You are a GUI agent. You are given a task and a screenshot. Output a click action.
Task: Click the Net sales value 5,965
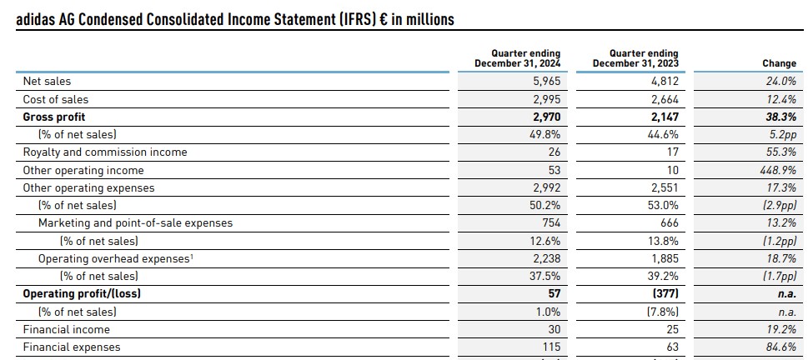click(x=546, y=82)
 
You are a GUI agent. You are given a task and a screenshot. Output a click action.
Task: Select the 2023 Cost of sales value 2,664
click(x=665, y=99)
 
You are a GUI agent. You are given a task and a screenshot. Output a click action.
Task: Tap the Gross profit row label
click(x=54, y=117)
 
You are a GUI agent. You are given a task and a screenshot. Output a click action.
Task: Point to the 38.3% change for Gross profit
click(x=780, y=117)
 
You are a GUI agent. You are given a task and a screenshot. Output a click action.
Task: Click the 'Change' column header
click(x=779, y=63)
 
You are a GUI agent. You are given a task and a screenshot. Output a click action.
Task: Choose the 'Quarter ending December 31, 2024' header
click(x=517, y=58)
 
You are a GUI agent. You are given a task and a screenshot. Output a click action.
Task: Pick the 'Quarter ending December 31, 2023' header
click(x=635, y=58)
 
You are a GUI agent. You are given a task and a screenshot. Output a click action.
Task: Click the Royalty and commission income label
click(x=105, y=152)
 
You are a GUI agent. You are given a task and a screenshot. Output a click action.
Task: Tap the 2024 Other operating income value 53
click(x=555, y=170)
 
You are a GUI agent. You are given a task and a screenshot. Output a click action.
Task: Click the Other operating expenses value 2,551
click(x=665, y=188)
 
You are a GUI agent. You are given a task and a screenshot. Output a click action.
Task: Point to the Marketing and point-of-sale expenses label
click(x=136, y=223)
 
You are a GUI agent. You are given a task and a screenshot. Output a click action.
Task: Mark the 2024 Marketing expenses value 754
click(x=551, y=223)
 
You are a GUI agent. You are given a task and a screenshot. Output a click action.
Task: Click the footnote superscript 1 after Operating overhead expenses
click(x=192, y=256)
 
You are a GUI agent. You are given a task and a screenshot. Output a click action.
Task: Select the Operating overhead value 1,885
click(x=665, y=258)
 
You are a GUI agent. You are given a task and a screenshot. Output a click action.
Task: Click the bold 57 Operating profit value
click(x=554, y=293)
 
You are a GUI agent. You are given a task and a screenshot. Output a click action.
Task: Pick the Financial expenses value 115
click(x=551, y=347)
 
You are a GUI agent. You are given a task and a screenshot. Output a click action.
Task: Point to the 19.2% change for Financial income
click(x=781, y=329)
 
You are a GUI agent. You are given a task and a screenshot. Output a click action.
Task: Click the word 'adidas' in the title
click(x=34, y=19)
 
